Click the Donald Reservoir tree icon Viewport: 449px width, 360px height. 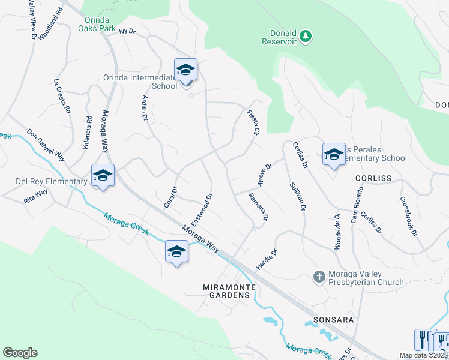click(306, 36)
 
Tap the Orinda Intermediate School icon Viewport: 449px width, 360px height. click(185, 70)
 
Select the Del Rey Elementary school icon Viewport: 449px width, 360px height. click(103, 176)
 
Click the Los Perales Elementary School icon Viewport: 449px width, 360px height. click(334, 155)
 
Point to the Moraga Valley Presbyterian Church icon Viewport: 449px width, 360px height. click(319, 277)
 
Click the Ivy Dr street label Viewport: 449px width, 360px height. click(128, 31)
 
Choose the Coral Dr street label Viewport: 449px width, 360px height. click(171, 197)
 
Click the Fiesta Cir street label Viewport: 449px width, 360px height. click(253, 122)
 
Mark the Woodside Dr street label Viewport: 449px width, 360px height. click(337, 231)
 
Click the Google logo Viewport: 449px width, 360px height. click(20, 353)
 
